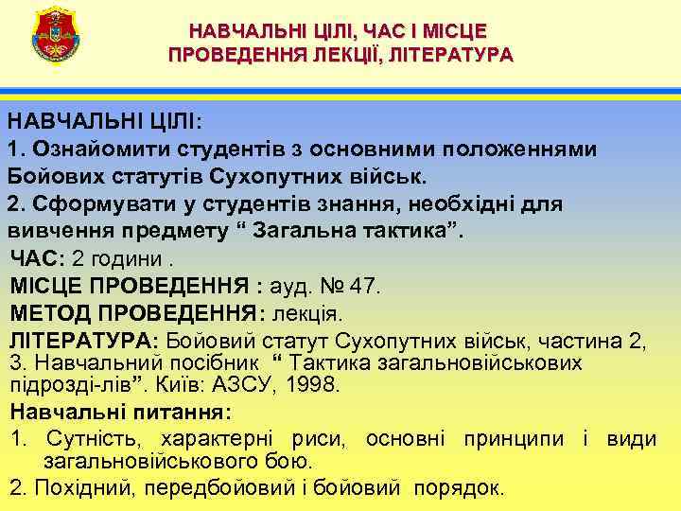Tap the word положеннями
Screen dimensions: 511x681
coord(526,149)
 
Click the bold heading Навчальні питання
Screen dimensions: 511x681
coord(119,413)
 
